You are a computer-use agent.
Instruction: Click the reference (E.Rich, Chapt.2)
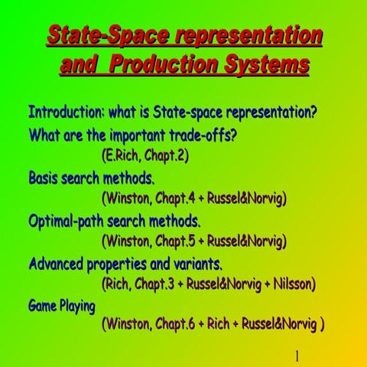coord(145,155)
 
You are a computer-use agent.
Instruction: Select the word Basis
coord(47,178)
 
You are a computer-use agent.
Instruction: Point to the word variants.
coord(196,265)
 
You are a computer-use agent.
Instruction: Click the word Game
coord(42,307)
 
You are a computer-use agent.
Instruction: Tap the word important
coord(120,135)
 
